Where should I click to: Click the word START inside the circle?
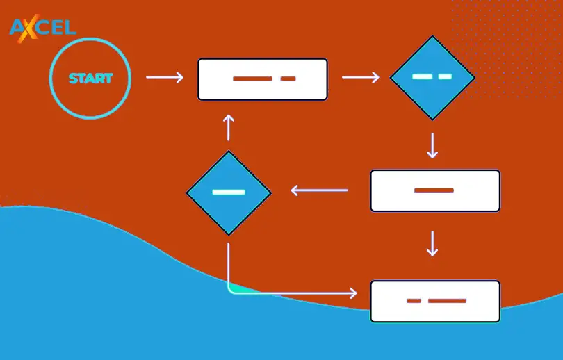pyautogui.click(x=90, y=79)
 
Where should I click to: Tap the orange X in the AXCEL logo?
pyautogui.click(x=31, y=29)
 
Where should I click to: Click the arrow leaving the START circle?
pyautogui.click(x=165, y=78)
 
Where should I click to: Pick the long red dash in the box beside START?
pyautogui.click(x=252, y=79)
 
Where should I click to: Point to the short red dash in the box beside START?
pyautogui.click(x=288, y=79)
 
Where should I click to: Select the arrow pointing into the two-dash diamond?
pyautogui.click(x=361, y=77)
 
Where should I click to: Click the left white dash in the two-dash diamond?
pyautogui.click(x=421, y=76)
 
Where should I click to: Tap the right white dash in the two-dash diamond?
pyautogui.click(x=445, y=76)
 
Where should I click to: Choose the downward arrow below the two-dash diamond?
pyautogui.click(x=432, y=145)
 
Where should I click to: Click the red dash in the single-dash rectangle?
pyautogui.click(x=434, y=190)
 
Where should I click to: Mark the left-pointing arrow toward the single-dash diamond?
pyautogui.click(x=319, y=190)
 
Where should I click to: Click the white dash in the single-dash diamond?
pyautogui.click(x=228, y=192)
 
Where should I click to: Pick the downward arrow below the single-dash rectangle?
pyautogui.click(x=432, y=243)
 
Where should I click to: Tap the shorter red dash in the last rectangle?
pyautogui.click(x=414, y=301)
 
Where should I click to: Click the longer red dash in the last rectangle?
pyautogui.click(x=447, y=301)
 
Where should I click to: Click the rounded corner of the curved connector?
pyautogui.click(x=232, y=288)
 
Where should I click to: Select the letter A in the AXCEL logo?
pyautogui.click(x=17, y=28)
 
